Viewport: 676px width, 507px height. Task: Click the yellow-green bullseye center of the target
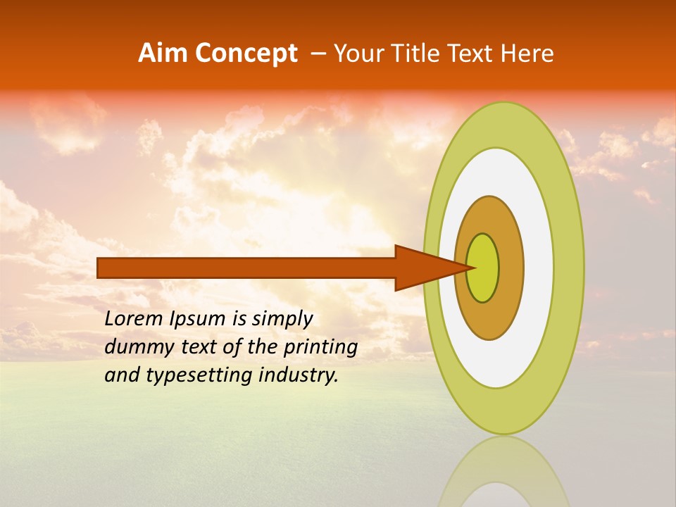pyautogui.click(x=483, y=268)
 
